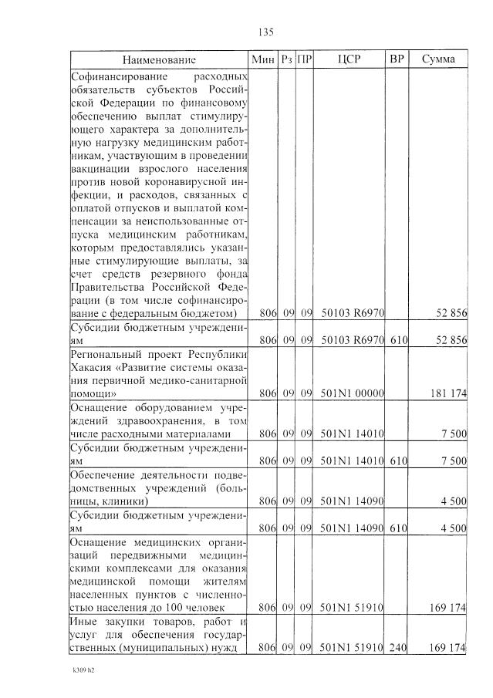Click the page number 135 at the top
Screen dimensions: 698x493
click(265, 32)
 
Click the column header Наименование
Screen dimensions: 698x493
click(158, 59)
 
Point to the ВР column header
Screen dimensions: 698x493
click(397, 59)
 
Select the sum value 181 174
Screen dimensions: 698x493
click(447, 393)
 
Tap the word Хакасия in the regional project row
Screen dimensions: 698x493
click(92, 366)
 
